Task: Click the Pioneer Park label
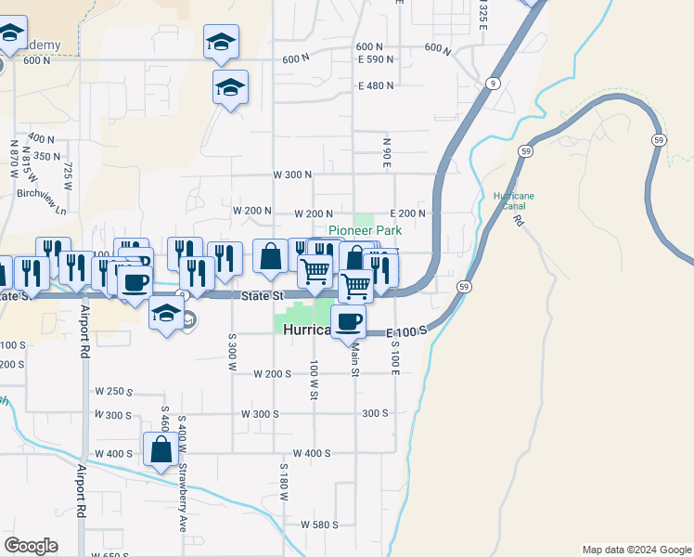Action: coord(365,229)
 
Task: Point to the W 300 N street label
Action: coord(292,175)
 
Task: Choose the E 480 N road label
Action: coord(375,85)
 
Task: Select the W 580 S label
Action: coord(319,525)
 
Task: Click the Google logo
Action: coord(31,546)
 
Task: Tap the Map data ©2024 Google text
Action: coord(636,550)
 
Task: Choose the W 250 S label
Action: coord(115,392)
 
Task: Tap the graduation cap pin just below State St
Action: coord(166,315)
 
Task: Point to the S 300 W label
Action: coord(233,354)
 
